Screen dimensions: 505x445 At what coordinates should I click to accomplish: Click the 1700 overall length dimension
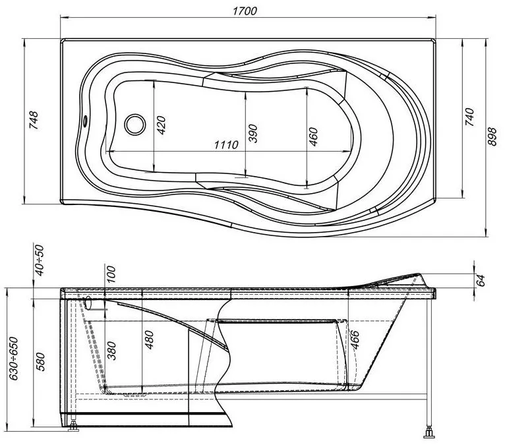point(245,11)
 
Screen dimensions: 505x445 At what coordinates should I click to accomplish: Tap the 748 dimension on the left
point(34,120)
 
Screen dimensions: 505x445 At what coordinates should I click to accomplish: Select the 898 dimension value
point(492,136)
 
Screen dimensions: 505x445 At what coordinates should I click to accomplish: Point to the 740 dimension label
point(469,117)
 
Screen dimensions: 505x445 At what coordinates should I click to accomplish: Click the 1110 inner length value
point(226,144)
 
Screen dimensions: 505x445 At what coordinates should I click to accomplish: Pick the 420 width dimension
point(161,125)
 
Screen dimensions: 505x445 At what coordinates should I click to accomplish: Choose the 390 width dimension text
point(252,133)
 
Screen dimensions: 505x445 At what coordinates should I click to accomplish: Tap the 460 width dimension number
point(312,137)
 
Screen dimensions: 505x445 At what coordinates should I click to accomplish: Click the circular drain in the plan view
point(135,125)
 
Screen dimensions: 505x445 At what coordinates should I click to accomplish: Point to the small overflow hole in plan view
point(85,121)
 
